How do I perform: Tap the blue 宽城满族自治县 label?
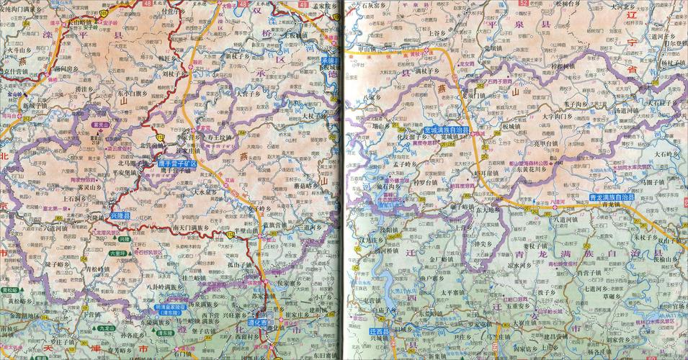click(446, 130)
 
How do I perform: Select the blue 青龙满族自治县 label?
click(602, 196)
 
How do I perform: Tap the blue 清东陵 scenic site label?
click(169, 313)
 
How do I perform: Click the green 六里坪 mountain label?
click(117, 253)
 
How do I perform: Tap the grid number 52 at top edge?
click(522, 4)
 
